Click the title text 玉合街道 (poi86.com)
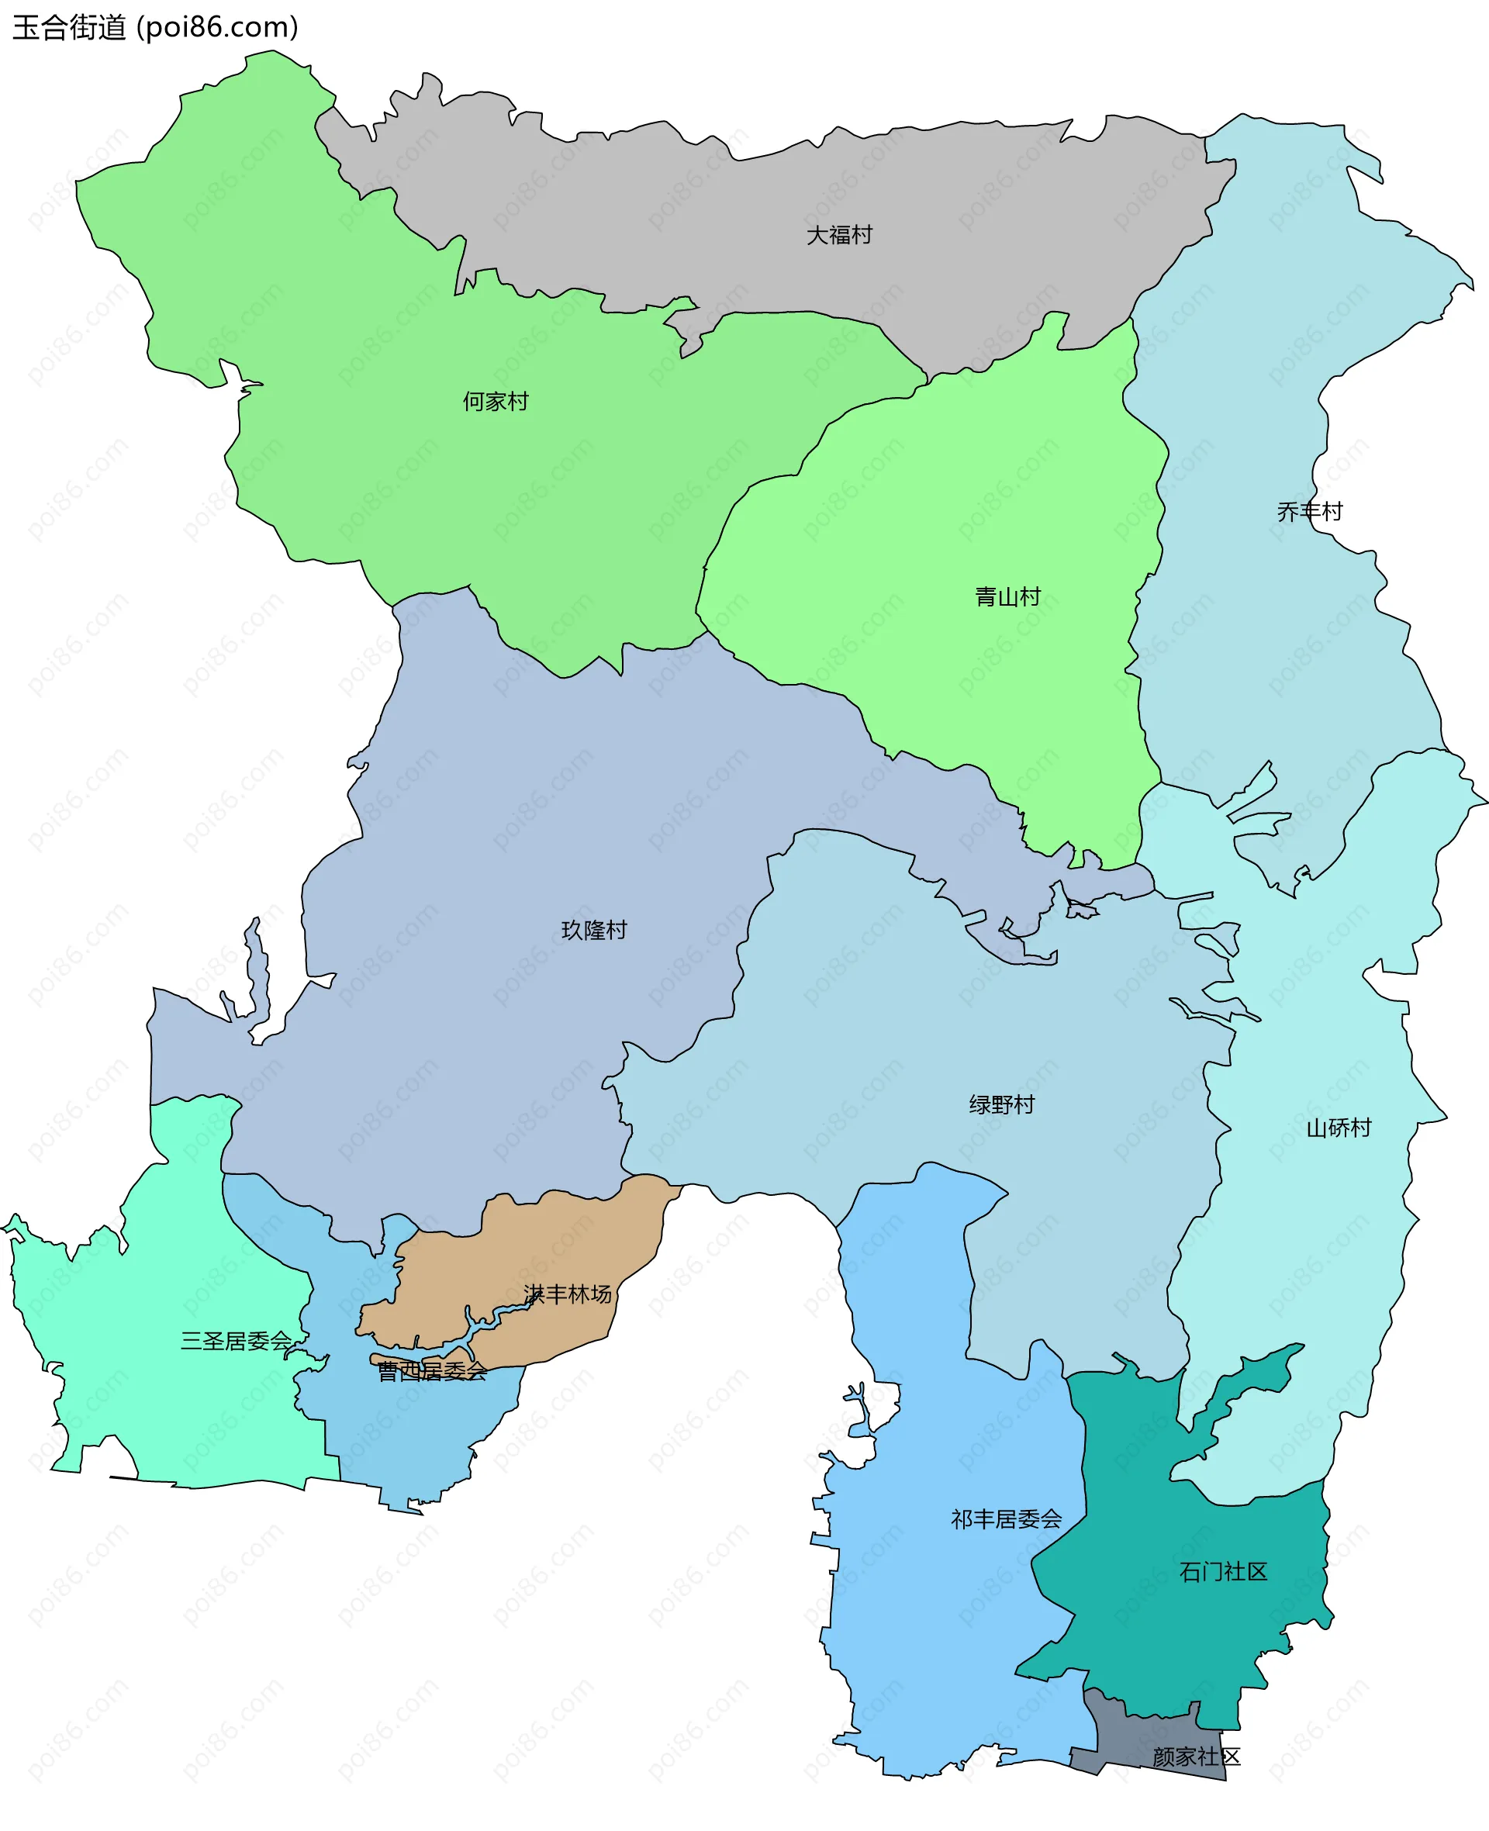[x=155, y=27]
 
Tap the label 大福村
[x=839, y=235]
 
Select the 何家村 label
[x=496, y=402]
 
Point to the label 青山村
[x=1008, y=597]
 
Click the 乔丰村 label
[x=1310, y=512]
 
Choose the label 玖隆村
[x=594, y=931]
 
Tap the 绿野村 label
[x=1002, y=1104]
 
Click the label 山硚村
[x=1339, y=1128]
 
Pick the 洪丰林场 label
[x=568, y=1294]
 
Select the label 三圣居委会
[x=236, y=1342]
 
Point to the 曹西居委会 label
[x=432, y=1372]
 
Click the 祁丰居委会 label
[x=1006, y=1520]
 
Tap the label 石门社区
[x=1223, y=1572]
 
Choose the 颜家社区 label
[x=1197, y=1757]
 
